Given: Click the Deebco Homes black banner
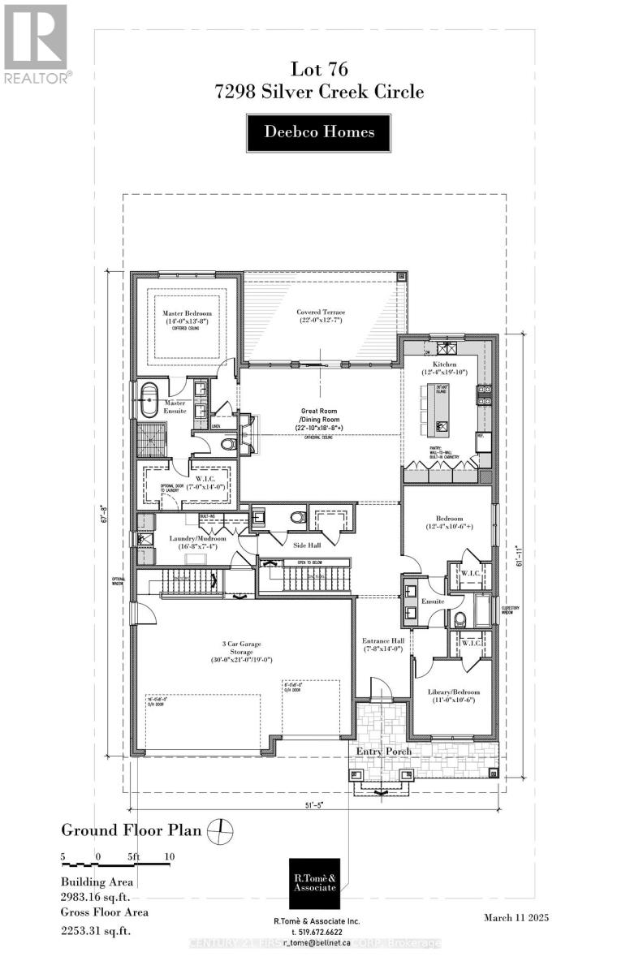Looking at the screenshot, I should (319, 132).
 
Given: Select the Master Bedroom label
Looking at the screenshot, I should (186, 317).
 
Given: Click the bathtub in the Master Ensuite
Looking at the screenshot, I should (149, 403).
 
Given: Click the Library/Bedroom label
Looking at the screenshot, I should (454, 696).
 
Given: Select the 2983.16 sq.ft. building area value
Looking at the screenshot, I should (96, 898).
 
